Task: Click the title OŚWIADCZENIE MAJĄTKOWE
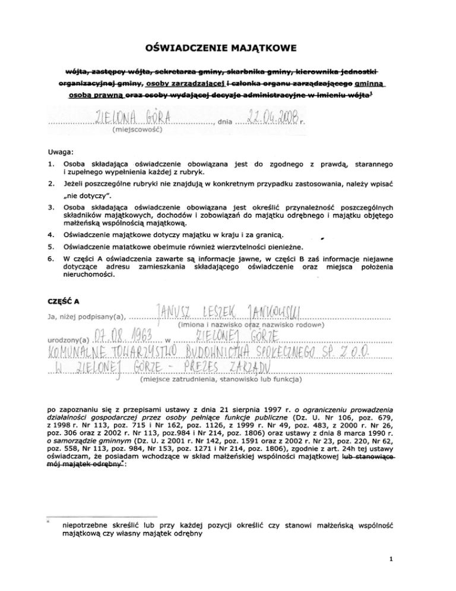227,46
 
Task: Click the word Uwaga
61,151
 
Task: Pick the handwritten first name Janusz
176,312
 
